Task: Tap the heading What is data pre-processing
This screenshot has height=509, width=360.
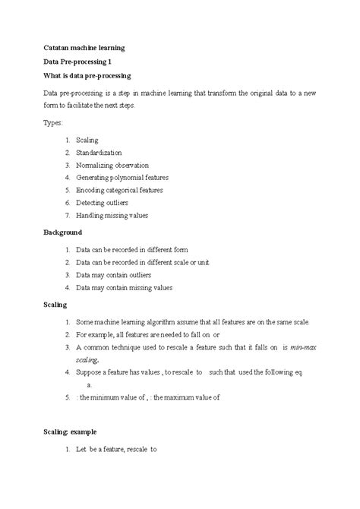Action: [x=87, y=76]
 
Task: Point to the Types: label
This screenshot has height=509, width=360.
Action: [x=54, y=122]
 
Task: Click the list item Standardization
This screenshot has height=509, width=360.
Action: [x=105, y=153]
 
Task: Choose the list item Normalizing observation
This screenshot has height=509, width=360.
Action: [x=112, y=165]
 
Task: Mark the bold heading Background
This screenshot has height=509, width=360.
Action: [x=62, y=232]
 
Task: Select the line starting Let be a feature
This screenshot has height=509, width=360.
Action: [x=115, y=449]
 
